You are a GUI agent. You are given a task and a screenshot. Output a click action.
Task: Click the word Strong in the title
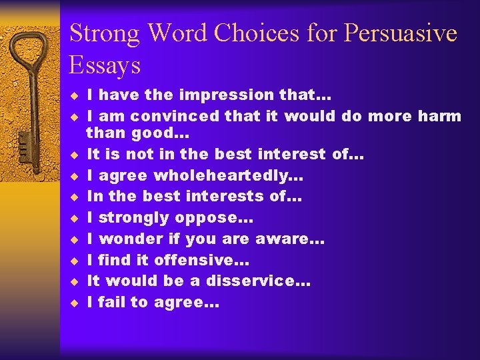click(105, 34)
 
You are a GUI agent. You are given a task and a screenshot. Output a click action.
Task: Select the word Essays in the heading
click(105, 65)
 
